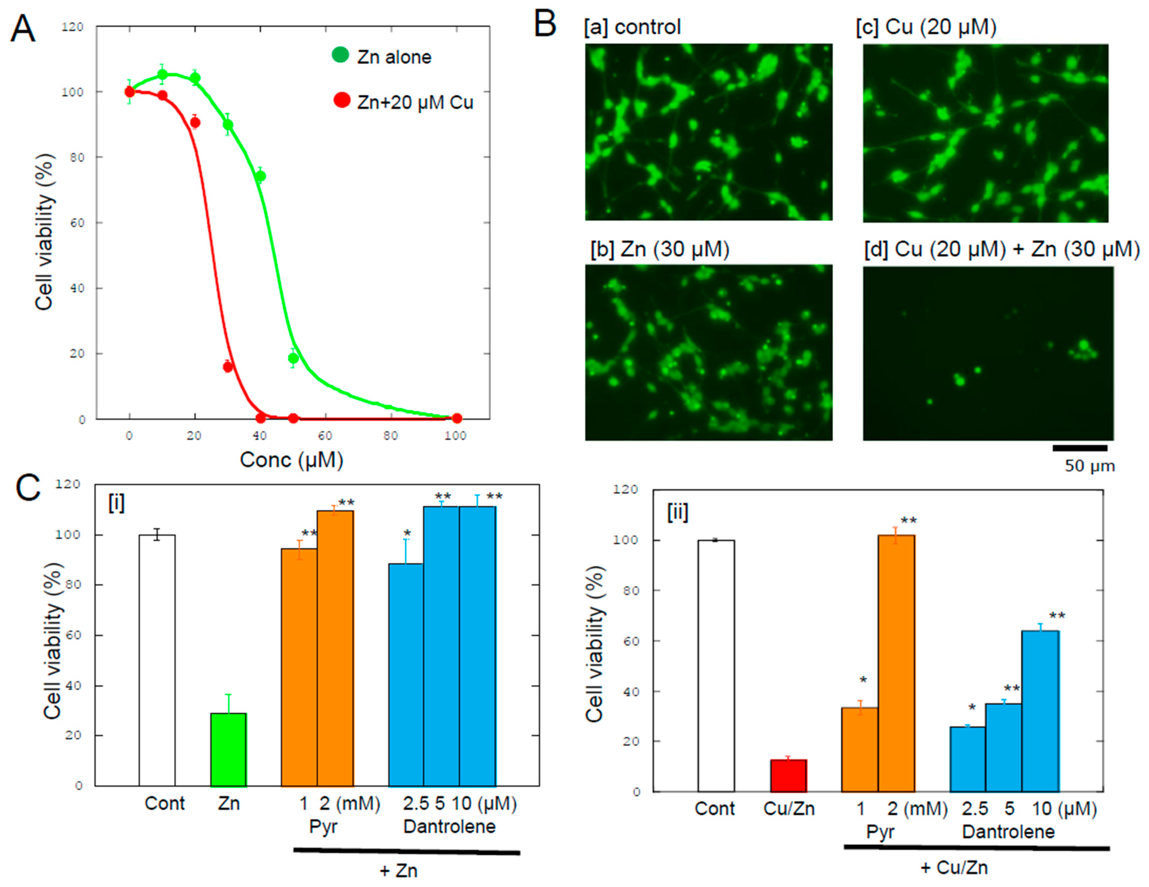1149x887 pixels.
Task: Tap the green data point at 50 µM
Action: tap(293, 358)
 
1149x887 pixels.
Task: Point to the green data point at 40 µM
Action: tap(260, 176)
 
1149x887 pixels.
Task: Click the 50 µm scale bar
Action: tap(1080, 448)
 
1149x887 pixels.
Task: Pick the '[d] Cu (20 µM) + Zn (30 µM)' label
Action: tap(1001, 249)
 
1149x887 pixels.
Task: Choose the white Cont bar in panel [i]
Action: tap(157, 660)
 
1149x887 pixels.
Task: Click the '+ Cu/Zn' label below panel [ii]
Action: tap(954, 867)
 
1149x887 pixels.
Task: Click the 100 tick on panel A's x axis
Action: tap(455, 436)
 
